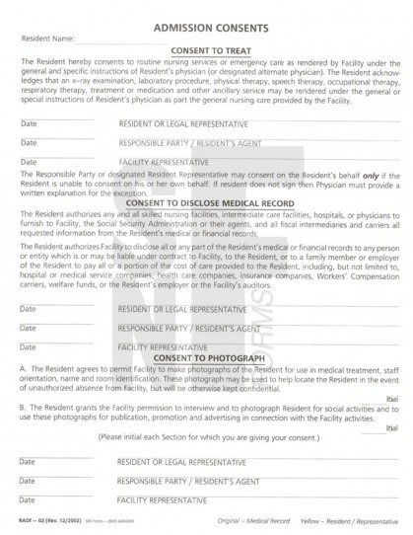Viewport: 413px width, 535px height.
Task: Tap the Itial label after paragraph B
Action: (x=391, y=428)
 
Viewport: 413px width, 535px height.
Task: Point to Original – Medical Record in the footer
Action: (x=250, y=520)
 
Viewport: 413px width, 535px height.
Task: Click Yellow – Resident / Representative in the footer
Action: (x=346, y=520)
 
